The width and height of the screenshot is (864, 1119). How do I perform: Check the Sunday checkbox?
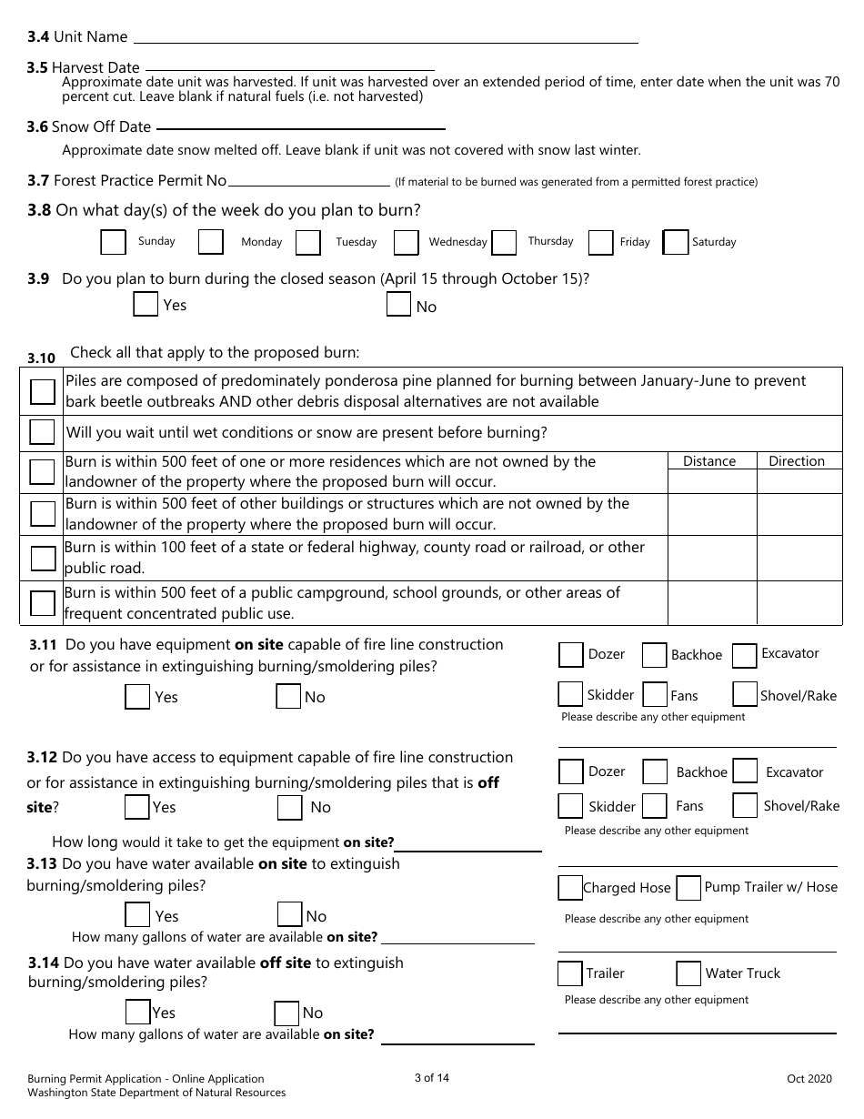tap(113, 242)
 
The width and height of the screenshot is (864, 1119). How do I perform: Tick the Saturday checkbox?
tap(676, 242)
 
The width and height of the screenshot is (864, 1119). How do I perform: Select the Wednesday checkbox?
tap(406, 242)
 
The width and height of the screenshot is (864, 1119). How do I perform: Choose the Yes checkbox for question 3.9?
tap(146, 305)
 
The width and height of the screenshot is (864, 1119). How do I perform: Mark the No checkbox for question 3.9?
tap(398, 306)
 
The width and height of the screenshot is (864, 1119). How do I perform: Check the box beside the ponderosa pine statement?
tap(42, 391)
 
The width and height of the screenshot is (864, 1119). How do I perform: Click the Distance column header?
tap(709, 461)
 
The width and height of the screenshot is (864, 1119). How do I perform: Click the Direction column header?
tap(797, 461)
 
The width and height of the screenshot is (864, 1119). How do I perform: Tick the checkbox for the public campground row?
tap(42, 602)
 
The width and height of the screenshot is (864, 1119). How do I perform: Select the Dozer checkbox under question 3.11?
tap(570, 654)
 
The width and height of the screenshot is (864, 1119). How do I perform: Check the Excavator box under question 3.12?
tap(745, 771)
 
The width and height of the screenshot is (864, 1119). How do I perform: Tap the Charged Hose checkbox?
tap(570, 887)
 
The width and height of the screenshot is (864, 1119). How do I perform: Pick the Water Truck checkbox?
tap(688, 973)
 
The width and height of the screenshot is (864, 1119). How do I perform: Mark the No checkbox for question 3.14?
tap(286, 1013)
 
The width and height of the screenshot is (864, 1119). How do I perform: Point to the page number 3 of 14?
tap(431, 1078)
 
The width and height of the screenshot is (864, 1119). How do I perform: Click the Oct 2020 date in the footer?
tap(809, 1079)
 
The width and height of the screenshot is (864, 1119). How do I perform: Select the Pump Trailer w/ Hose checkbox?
tap(689, 887)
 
